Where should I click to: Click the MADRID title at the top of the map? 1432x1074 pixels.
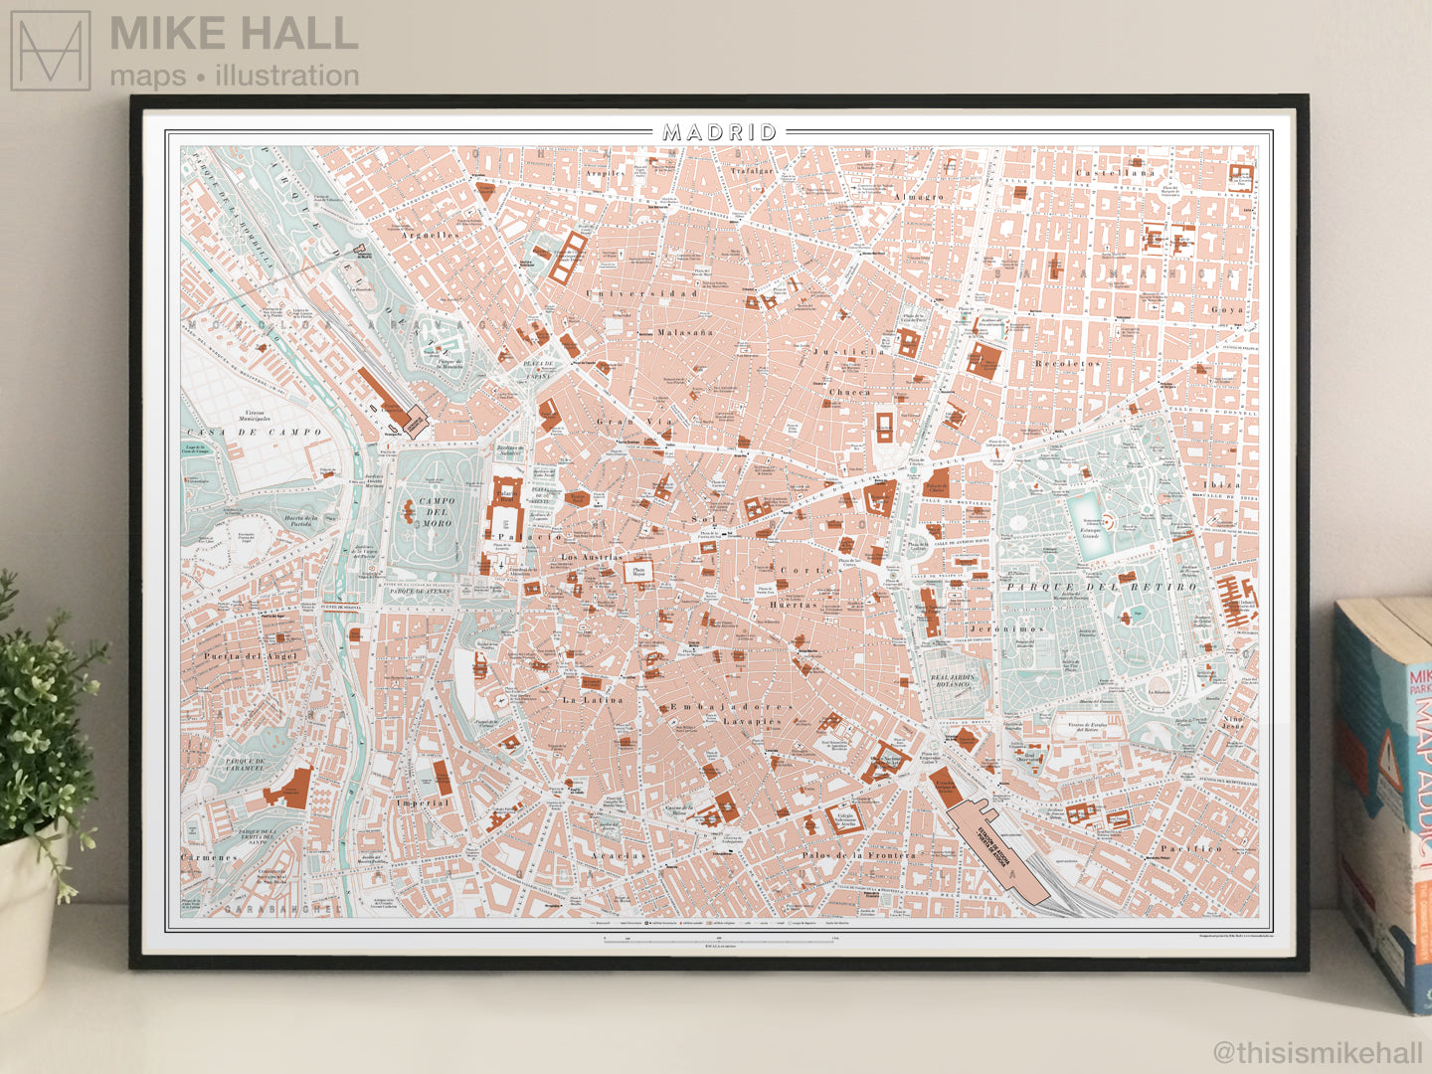[x=720, y=132]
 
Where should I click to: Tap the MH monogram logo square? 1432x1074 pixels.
[x=51, y=51]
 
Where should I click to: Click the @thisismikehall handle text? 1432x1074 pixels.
[x=1318, y=1052]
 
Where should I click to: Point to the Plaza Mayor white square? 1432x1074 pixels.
[x=638, y=572]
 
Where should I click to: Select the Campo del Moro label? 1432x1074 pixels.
[x=437, y=512]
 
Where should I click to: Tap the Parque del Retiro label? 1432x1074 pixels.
[x=1101, y=587]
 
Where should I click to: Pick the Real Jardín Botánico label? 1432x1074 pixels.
[x=953, y=681]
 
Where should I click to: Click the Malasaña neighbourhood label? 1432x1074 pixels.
[x=685, y=332]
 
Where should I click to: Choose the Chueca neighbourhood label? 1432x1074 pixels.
[x=850, y=393]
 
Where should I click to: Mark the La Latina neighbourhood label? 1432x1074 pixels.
[x=593, y=700]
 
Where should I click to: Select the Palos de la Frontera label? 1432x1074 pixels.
[x=858, y=855]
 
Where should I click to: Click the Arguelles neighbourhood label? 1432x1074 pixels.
[x=430, y=236]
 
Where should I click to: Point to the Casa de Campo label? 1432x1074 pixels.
[x=254, y=433]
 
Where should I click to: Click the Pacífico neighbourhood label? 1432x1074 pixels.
[x=1190, y=848]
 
